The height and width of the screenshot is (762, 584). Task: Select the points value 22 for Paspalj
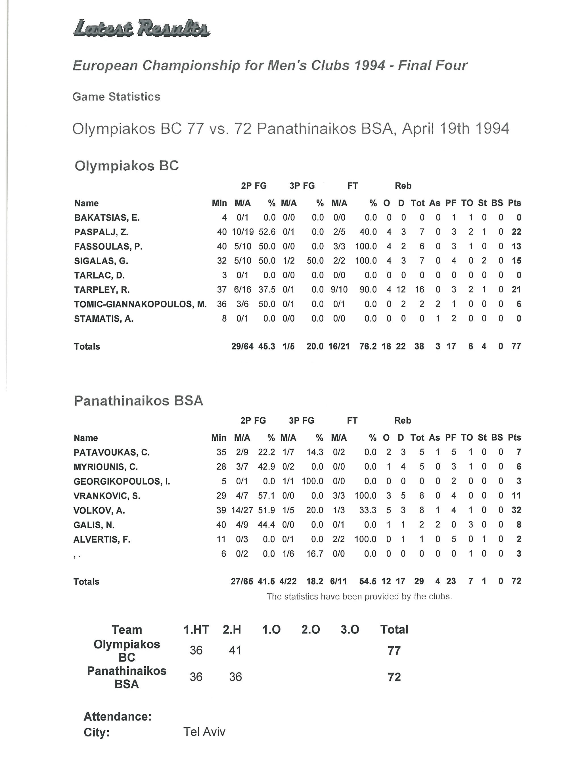[x=516, y=232]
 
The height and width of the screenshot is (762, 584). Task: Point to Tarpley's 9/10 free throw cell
[x=339, y=290]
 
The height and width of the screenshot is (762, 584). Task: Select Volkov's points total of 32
[x=516, y=510]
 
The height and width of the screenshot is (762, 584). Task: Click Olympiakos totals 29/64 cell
[x=242, y=346]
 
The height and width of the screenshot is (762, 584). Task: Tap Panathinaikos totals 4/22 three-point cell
[x=288, y=581]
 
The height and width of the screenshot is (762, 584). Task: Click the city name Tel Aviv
[x=204, y=732]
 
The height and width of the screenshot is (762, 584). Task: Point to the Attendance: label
[x=118, y=717]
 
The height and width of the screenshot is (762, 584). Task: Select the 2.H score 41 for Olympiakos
[x=235, y=650]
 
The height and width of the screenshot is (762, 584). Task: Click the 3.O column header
[x=350, y=629]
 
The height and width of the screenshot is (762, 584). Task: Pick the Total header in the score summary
[x=394, y=629]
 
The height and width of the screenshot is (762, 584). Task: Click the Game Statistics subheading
[x=116, y=97]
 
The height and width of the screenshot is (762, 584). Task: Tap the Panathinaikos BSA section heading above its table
[x=138, y=401]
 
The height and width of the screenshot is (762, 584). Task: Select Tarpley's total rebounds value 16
[x=419, y=290]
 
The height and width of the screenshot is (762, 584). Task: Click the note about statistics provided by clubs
[x=359, y=597]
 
